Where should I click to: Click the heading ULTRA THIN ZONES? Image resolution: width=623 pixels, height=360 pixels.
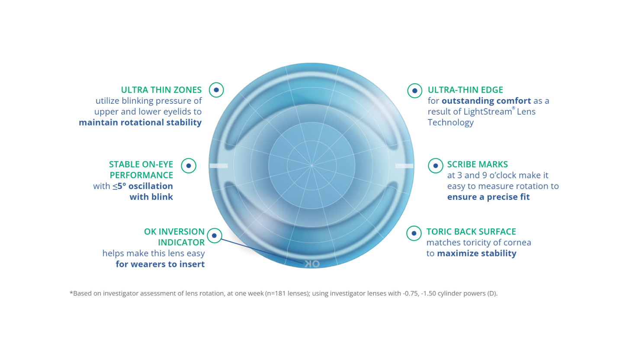(x=161, y=90)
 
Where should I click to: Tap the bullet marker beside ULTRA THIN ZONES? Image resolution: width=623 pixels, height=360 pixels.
(x=216, y=90)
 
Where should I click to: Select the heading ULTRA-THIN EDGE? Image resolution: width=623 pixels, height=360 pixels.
(x=465, y=90)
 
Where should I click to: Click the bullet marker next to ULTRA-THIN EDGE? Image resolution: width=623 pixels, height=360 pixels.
(x=415, y=90)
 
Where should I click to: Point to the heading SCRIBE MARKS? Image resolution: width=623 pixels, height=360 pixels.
(x=477, y=164)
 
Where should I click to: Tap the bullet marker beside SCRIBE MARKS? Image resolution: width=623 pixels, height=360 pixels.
(x=435, y=165)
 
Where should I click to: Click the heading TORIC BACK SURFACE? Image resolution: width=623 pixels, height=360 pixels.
(x=471, y=232)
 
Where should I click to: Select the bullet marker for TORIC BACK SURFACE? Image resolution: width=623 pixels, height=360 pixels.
(x=414, y=233)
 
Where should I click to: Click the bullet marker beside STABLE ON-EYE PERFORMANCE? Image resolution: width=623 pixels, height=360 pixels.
(x=189, y=165)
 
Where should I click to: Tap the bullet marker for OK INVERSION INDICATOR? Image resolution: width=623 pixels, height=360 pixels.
(x=214, y=236)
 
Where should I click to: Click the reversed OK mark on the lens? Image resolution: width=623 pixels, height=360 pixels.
(x=311, y=264)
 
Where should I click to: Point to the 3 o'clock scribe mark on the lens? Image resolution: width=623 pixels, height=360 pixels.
(x=404, y=166)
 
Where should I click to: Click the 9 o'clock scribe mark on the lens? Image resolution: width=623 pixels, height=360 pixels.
(x=218, y=166)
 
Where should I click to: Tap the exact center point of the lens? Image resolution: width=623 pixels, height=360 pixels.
(x=311, y=165)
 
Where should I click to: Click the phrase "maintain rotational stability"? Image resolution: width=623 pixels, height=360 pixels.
(x=140, y=122)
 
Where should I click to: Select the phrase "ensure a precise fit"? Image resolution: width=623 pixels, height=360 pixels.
(x=488, y=197)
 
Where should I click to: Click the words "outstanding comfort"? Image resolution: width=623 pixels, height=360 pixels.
(x=486, y=101)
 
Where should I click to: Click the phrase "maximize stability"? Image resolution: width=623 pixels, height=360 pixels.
(x=476, y=254)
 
